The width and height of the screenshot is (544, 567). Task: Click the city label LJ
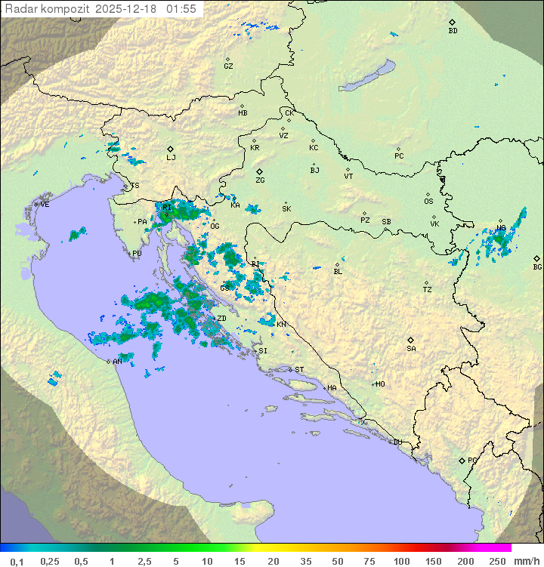(x=171, y=158)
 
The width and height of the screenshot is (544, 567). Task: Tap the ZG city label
(x=260, y=180)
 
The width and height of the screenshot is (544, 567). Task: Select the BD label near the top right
(x=453, y=31)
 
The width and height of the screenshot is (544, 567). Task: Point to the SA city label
(x=411, y=349)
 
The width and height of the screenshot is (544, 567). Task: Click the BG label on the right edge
(x=537, y=267)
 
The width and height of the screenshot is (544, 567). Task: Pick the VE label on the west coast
(x=45, y=205)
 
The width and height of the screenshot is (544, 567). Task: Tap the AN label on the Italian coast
(x=117, y=362)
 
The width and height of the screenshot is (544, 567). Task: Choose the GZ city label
(x=228, y=66)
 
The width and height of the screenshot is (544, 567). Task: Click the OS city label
(x=428, y=202)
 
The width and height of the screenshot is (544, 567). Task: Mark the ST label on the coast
(x=299, y=370)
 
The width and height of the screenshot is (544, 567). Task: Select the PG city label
(x=472, y=460)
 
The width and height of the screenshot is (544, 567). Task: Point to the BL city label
(x=338, y=271)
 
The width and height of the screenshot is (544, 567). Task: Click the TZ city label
(x=427, y=289)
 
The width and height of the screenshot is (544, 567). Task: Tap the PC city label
(x=399, y=156)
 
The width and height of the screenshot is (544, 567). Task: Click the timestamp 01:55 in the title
(x=181, y=9)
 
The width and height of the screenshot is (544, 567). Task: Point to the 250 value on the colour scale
(x=496, y=561)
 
